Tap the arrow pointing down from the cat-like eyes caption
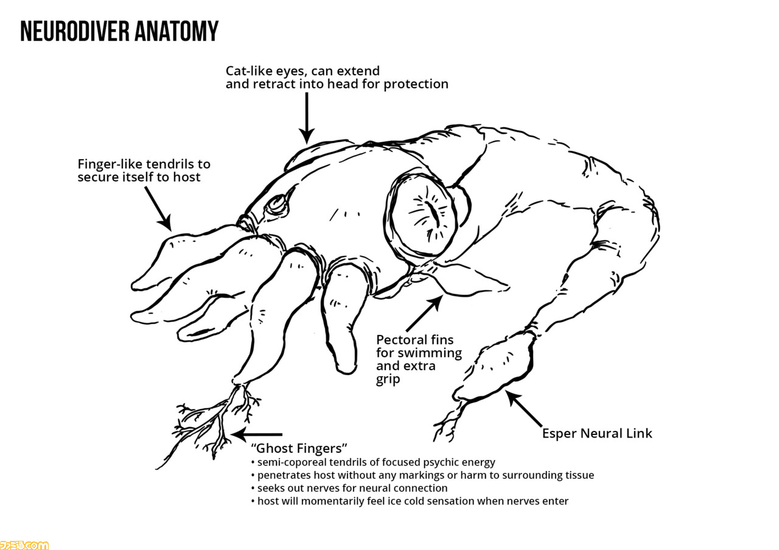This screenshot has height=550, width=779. pyautogui.click(x=307, y=118)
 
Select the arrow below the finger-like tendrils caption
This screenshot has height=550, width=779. pyautogui.click(x=158, y=208)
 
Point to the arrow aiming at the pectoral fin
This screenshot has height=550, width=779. pyautogui.click(x=425, y=313)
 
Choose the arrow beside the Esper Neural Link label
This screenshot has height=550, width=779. pyautogui.click(x=524, y=408)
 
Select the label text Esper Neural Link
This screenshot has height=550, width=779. pyautogui.click(x=597, y=433)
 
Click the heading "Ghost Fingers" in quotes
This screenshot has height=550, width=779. pyautogui.click(x=299, y=449)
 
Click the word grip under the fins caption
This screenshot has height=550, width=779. pyautogui.click(x=388, y=379)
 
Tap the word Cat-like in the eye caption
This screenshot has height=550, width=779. pyautogui.click(x=249, y=71)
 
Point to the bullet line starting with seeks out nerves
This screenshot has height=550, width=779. pyautogui.click(x=349, y=488)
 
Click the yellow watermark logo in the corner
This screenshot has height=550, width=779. pyautogui.click(x=24, y=545)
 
